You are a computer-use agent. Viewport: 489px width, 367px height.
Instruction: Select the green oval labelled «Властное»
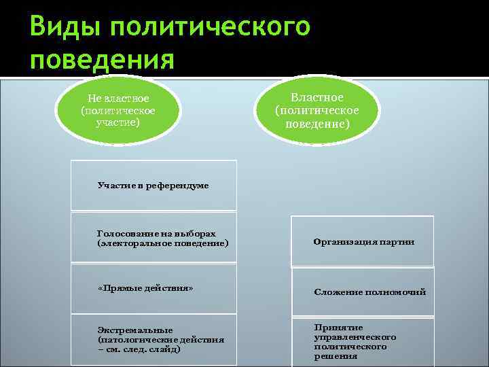(317, 111)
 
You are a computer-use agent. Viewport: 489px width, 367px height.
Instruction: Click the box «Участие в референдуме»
(154, 185)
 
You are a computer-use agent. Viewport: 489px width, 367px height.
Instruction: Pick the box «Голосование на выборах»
(154, 237)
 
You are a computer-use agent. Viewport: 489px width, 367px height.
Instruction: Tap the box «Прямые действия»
(154, 288)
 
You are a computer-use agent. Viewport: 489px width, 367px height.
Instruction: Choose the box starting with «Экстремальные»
(154, 339)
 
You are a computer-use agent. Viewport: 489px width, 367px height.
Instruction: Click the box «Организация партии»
(363, 242)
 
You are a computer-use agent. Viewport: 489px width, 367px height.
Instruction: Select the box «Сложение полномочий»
(363, 292)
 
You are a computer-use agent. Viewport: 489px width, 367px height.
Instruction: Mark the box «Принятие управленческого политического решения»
(363, 341)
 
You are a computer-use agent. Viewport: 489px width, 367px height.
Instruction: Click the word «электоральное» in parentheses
(137, 243)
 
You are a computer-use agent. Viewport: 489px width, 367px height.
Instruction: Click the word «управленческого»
(355, 337)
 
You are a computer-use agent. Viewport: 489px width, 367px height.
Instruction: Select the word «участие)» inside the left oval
(117, 122)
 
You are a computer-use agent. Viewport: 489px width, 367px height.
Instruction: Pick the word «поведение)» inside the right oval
(317, 124)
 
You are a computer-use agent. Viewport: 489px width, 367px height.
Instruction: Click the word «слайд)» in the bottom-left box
(164, 349)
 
